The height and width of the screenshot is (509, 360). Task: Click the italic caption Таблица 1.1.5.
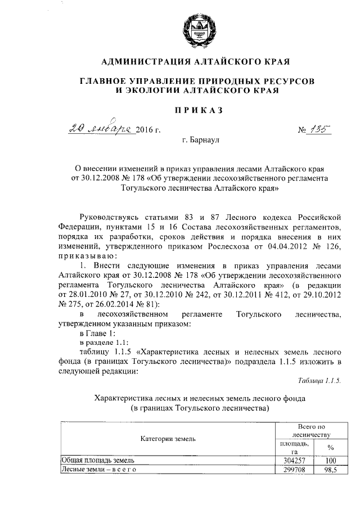pos(319,381)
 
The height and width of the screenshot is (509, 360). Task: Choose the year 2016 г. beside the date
pos(149,130)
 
